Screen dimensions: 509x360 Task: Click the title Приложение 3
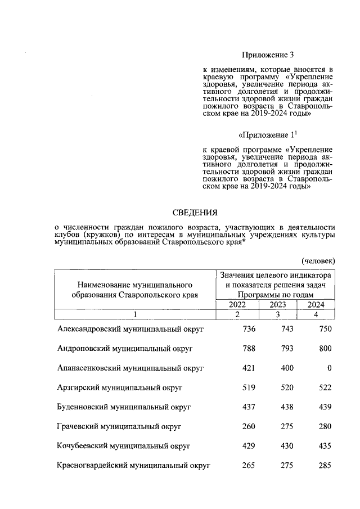tap(268, 55)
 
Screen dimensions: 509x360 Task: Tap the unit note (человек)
tap(318, 260)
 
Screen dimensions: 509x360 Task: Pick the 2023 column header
tap(278, 304)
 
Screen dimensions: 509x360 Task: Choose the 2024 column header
tap(318, 304)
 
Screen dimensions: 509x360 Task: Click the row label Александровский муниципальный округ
tap(130, 329)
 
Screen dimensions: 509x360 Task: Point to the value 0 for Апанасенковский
tap(329, 368)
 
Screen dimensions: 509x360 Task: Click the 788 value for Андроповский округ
tap(249, 349)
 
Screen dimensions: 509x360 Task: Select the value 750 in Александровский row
tap(324, 329)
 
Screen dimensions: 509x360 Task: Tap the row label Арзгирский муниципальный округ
tap(120, 388)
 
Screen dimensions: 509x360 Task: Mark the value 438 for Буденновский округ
tap(286, 407)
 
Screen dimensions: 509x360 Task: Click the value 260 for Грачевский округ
tap(249, 426)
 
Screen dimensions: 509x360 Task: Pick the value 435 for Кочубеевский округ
tap(324, 446)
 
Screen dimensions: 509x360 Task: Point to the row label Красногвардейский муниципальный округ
tap(134, 466)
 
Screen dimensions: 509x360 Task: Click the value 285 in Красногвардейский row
tap(324, 466)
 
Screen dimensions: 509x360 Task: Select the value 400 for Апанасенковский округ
tap(286, 368)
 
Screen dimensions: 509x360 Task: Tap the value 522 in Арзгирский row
tap(324, 388)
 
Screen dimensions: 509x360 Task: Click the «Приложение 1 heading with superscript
tap(268, 136)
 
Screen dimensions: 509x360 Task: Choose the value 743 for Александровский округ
tap(286, 329)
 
